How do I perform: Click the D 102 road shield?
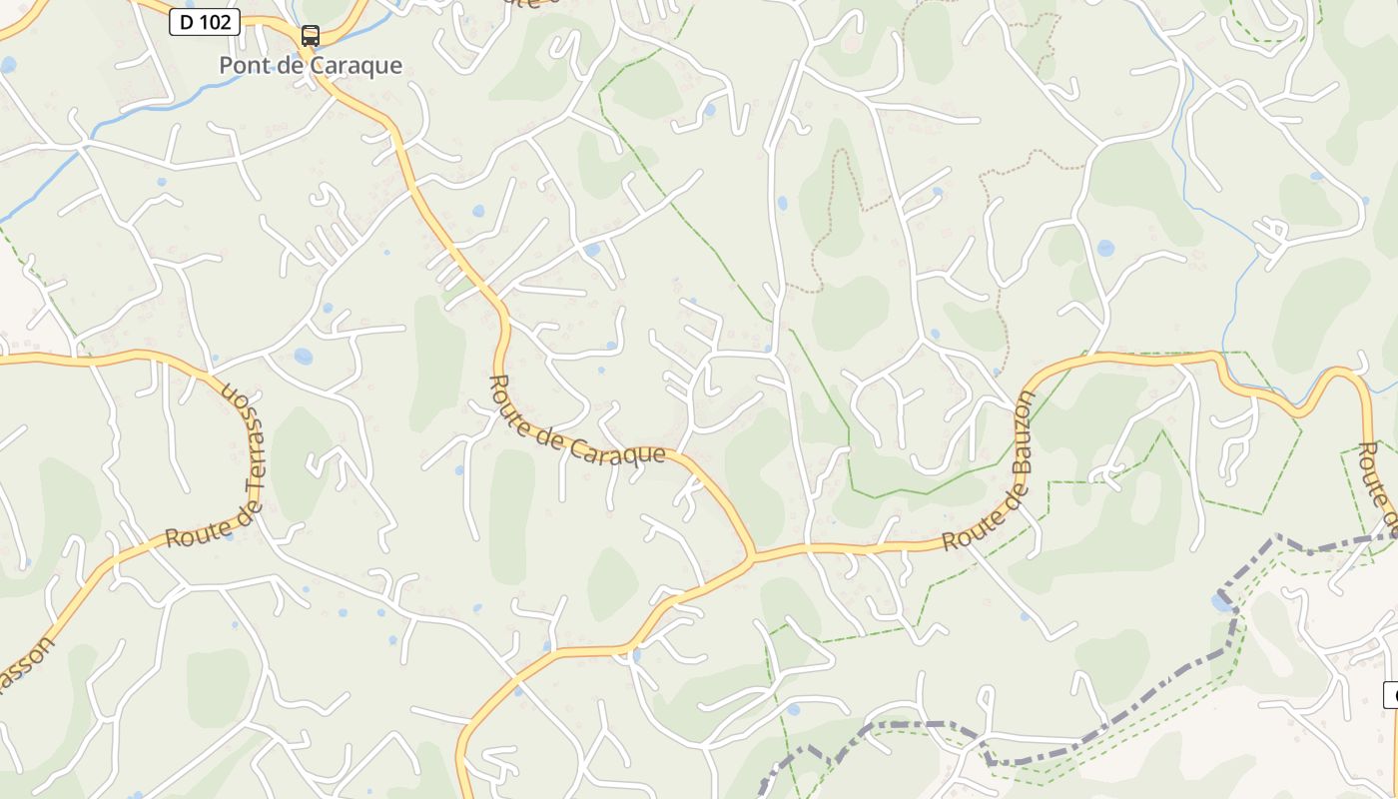point(205,22)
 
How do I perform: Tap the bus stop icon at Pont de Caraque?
point(311,37)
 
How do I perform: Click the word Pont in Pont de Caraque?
point(241,66)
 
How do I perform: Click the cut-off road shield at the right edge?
point(1391,695)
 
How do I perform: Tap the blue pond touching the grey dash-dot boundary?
point(1221,601)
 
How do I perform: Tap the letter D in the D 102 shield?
point(187,22)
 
